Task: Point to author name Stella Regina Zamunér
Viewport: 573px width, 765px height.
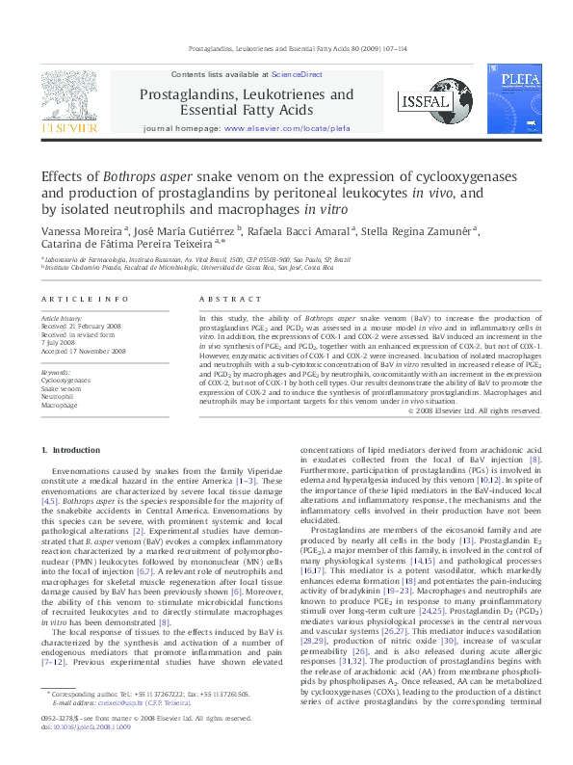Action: [418, 232]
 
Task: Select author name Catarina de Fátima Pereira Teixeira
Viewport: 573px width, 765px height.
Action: [134, 247]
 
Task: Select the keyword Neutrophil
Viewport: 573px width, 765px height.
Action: [57, 397]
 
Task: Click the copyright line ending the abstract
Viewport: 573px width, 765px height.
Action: [474, 410]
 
